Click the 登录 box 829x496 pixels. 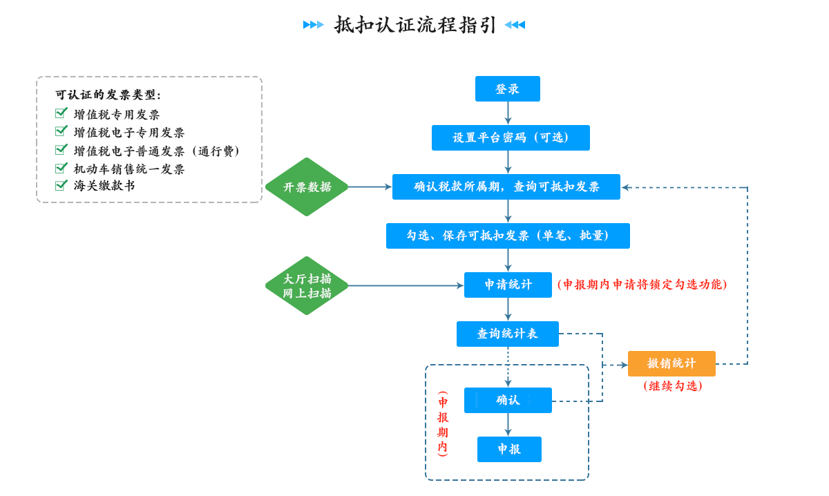click(507, 89)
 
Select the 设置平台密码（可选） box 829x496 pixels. click(511, 137)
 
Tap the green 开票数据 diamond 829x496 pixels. click(307, 187)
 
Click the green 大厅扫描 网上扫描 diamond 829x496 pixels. click(307, 285)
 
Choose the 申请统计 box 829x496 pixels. click(508, 285)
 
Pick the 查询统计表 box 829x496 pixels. click(507, 334)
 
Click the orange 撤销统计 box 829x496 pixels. click(671, 363)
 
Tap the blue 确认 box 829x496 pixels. click(508, 400)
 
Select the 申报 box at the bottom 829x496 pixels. click(509, 449)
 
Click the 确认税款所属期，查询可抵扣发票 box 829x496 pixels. click(506, 187)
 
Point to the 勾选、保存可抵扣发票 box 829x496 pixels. click(508, 236)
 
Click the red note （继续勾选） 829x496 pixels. click(672, 386)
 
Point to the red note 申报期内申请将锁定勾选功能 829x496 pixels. click(642, 285)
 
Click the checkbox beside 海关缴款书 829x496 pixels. click(61, 185)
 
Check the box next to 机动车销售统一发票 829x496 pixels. click(61, 168)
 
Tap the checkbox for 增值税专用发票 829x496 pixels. click(61, 113)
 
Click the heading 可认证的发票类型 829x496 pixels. click(108, 95)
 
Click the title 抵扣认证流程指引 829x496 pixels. click(415, 25)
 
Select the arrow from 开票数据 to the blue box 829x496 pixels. click(370, 187)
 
